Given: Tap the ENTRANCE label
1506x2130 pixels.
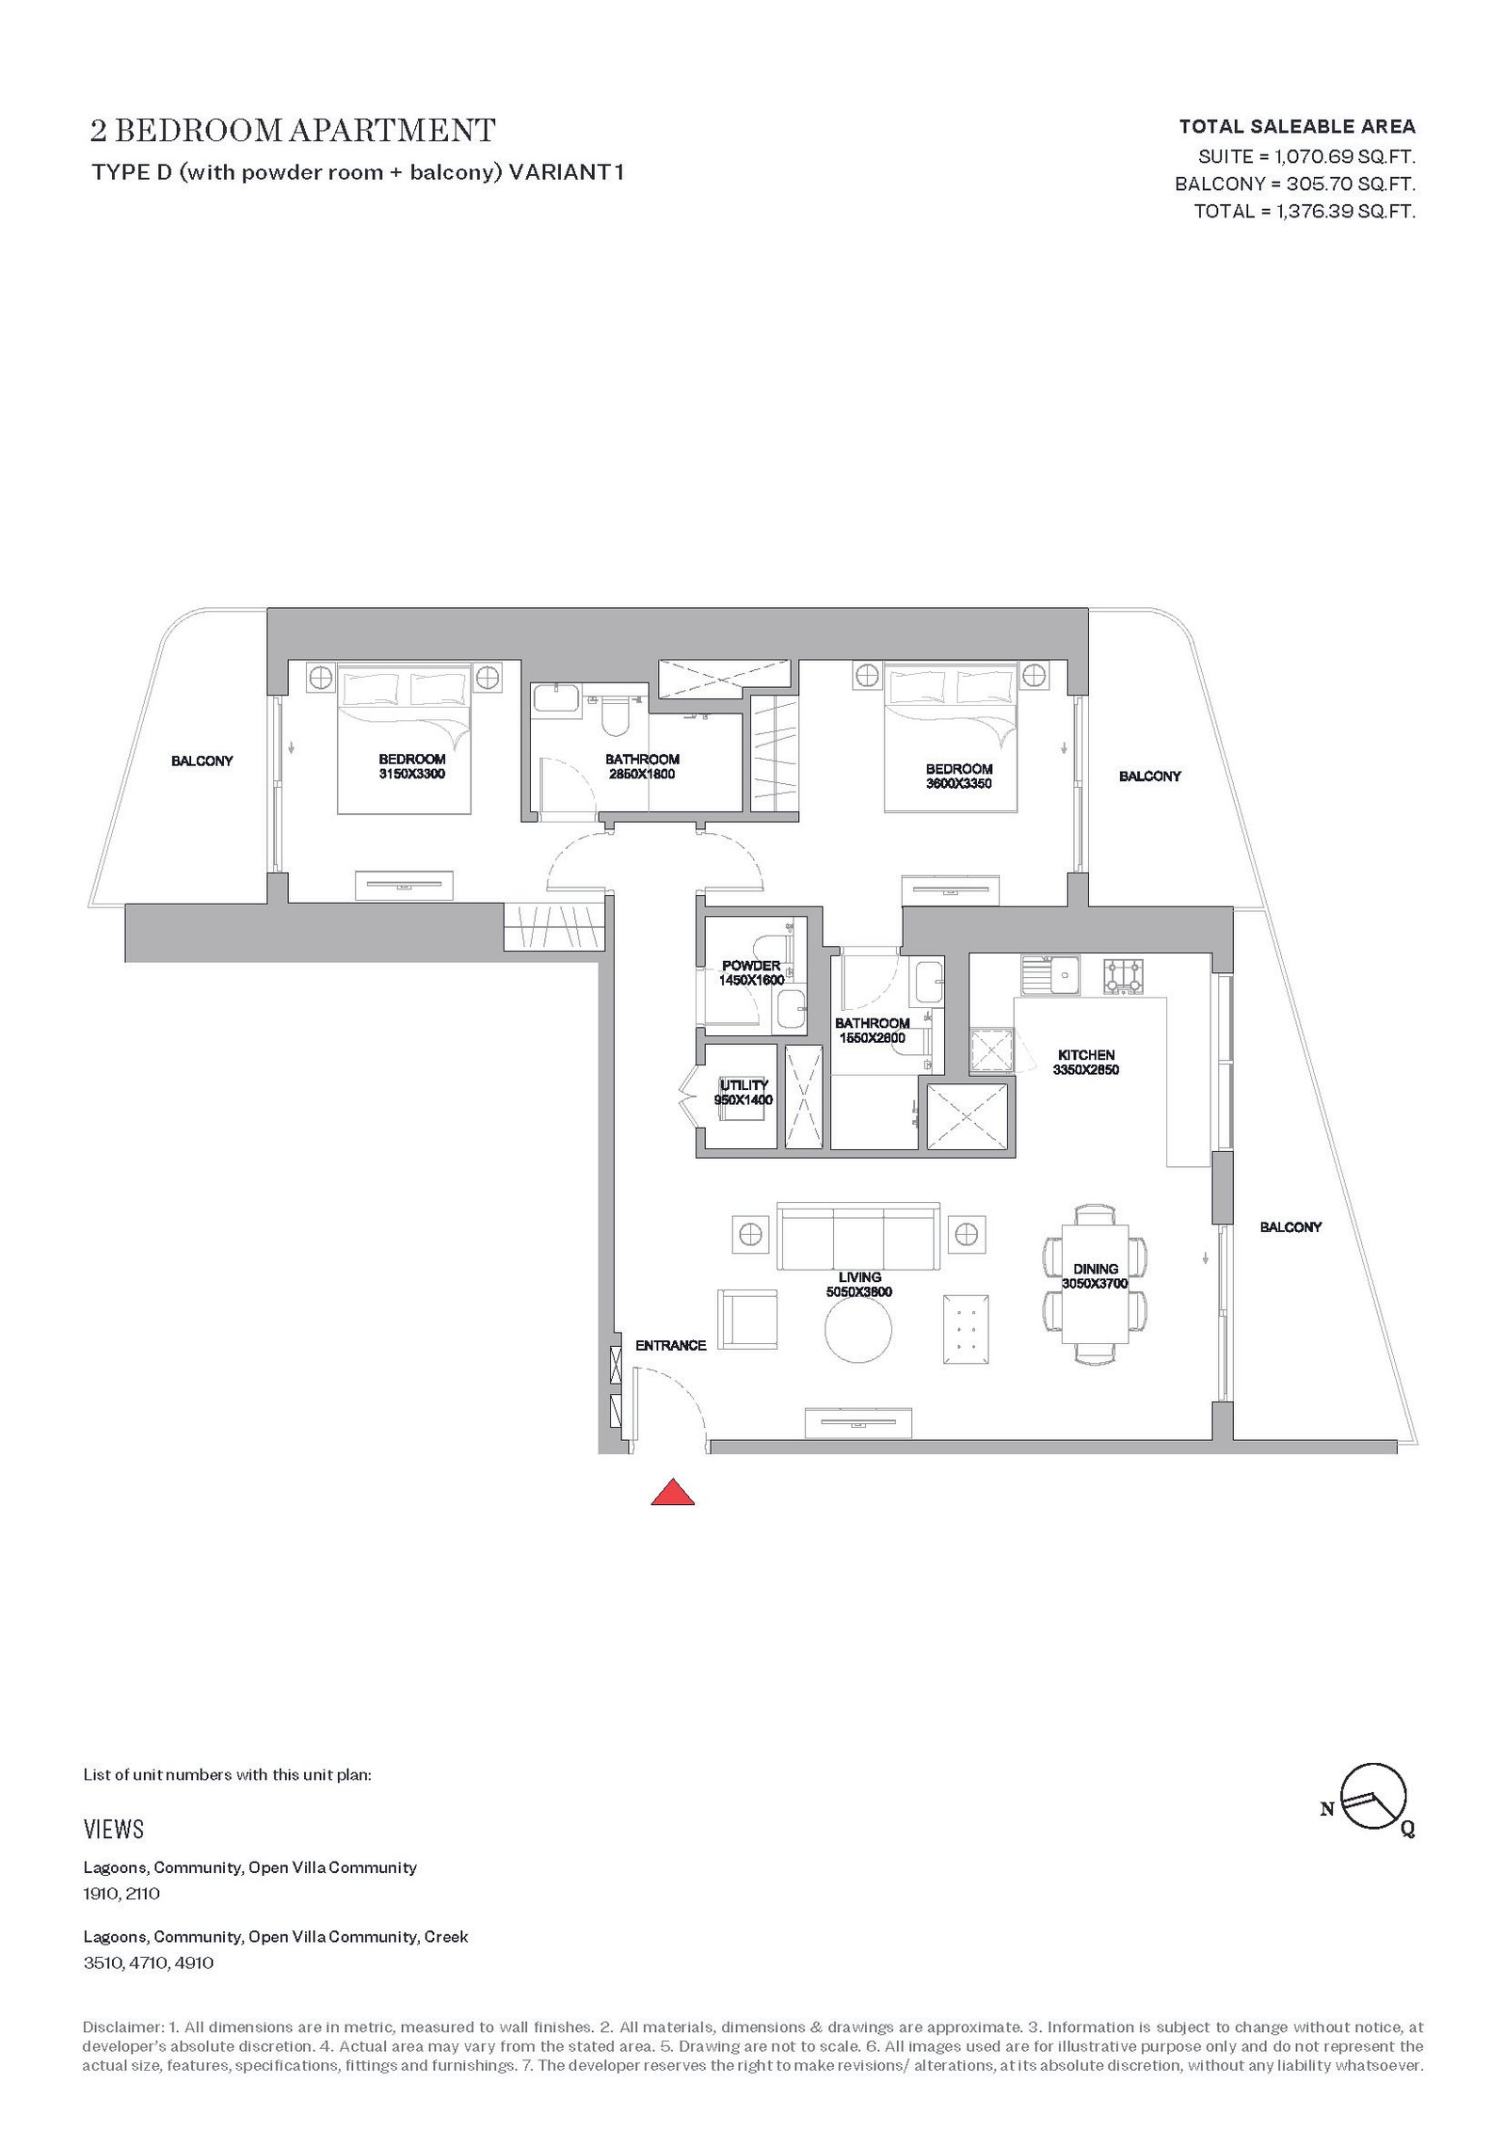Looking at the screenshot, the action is click(670, 1346).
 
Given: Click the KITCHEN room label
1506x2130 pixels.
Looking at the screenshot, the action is click(1086, 1055).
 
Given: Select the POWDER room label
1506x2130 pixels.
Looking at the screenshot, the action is click(751, 966).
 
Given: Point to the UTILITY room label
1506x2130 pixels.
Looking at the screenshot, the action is click(745, 1085).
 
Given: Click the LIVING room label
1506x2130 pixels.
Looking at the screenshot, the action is click(859, 1277).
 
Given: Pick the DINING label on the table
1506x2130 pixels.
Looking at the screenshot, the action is click(1095, 1269).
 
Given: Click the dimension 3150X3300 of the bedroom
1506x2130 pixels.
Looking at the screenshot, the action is click(412, 774).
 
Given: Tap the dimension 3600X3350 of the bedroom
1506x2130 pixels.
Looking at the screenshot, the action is click(959, 783).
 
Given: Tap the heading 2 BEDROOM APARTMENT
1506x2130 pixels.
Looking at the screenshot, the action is click(293, 130).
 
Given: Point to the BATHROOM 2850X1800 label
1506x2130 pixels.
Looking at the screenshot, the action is click(642, 767).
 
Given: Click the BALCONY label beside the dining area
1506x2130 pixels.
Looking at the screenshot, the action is click(1290, 1227).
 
